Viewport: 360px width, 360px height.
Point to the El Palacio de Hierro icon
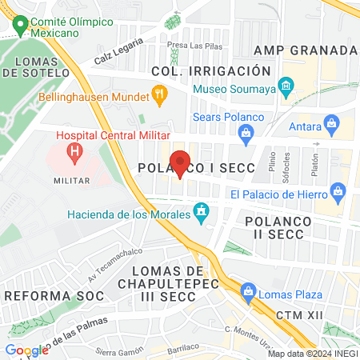pyautogui.click(x=338, y=193)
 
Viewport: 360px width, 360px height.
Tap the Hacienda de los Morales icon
pyautogui.click(x=202, y=213)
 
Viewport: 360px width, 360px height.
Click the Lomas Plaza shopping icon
pyautogui.click(x=248, y=290)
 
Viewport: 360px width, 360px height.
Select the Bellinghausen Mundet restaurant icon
pyautogui.click(x=159, y=98)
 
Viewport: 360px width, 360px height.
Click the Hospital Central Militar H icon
pyautogui.click(x=74, y=150)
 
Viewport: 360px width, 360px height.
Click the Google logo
pyautogui.click(x=26, y=350)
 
